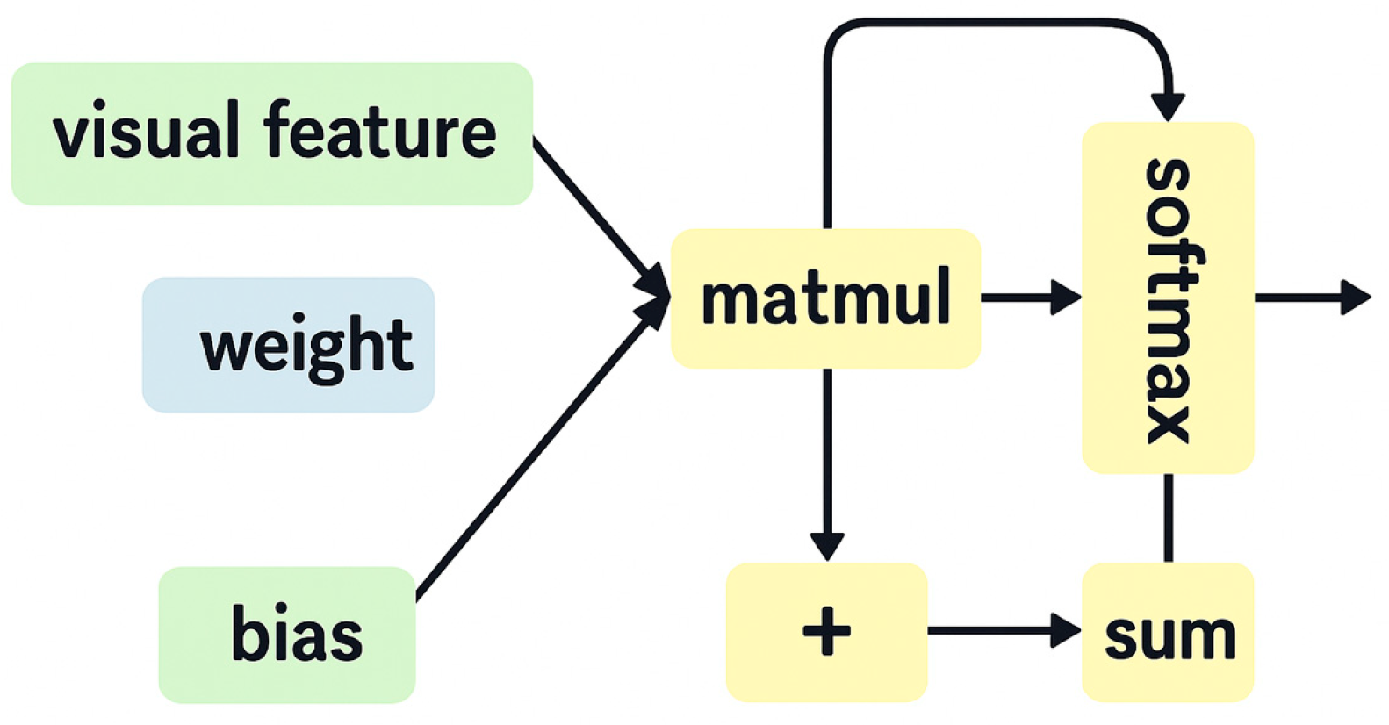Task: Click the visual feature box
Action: point(271,133)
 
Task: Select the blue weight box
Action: point(288,345)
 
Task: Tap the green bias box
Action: point(286,634)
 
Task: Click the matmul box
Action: point(825,298)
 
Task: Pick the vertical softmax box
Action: point(1167,298)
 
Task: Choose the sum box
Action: point(1167,632)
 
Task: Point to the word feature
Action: point(379,132)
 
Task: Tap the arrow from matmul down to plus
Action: point(826,456)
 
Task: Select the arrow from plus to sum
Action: point(1001,630)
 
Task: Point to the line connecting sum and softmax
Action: point(1168,518)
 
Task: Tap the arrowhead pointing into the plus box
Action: point(826,546)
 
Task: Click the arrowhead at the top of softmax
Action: point(1168,105)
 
